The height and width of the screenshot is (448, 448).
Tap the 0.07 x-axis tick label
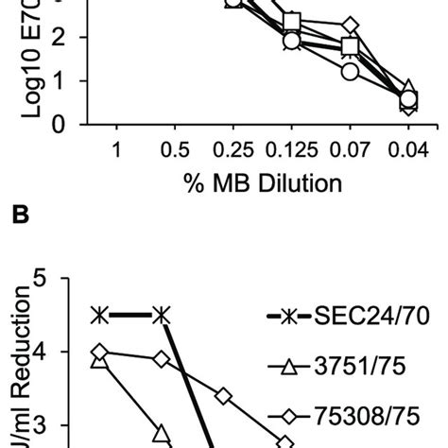(x=351, y=149)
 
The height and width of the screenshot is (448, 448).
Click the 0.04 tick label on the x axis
(x=407, y=149)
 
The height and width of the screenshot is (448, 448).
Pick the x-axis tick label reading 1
(x=117, y=149)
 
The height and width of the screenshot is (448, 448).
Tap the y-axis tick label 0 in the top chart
(x=59, y=124)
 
